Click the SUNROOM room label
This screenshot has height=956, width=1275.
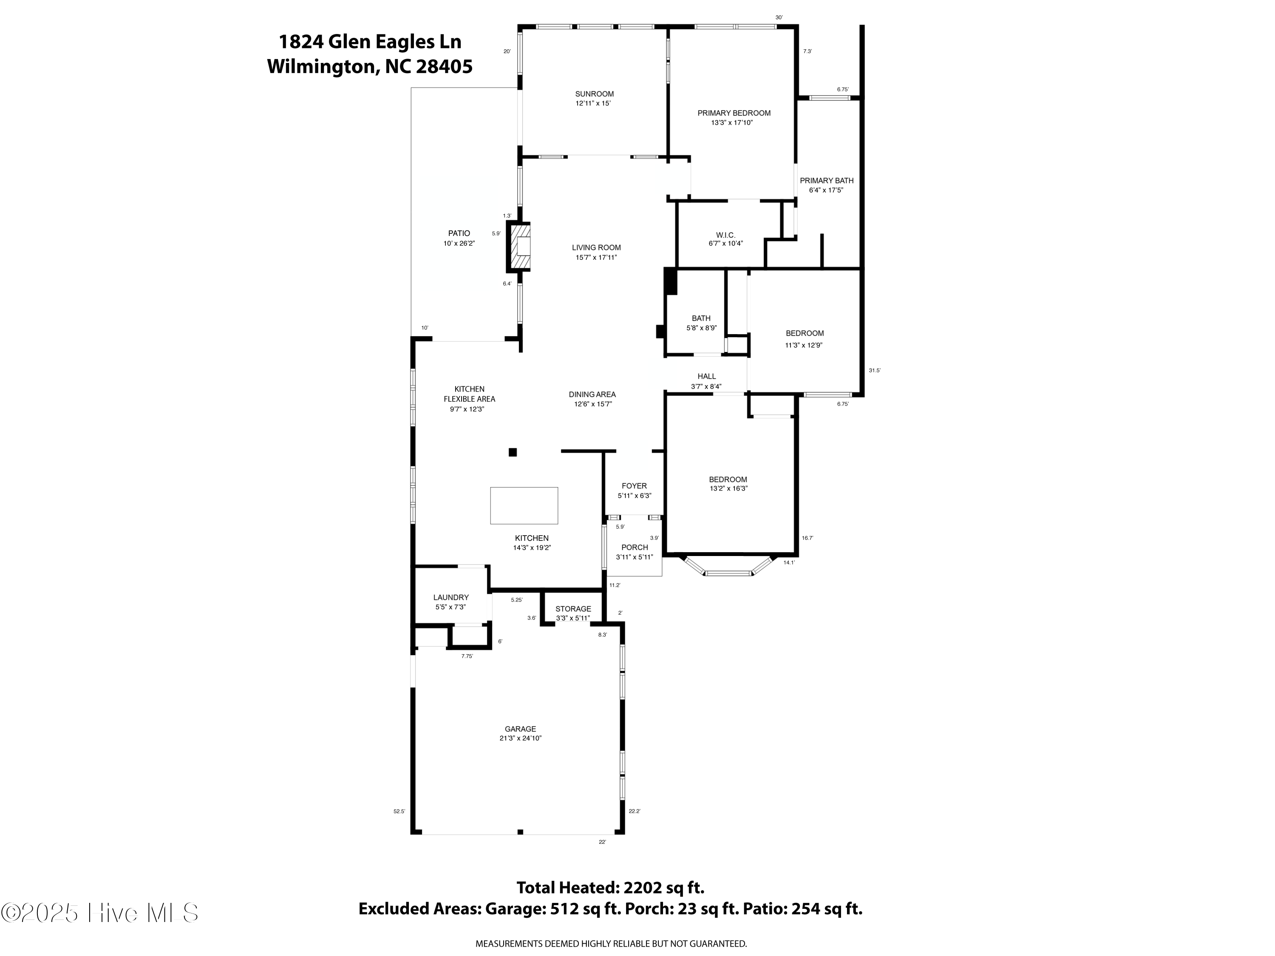click(594, 94)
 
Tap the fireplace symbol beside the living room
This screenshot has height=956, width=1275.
click(519, 247)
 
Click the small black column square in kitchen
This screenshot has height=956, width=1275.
click(513, 452)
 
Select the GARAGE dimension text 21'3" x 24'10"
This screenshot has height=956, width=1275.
click(521, 738)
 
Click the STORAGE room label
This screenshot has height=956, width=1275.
click(573, 609)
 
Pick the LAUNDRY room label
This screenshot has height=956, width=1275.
click(451, 597)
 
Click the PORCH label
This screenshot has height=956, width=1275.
click(635, 547)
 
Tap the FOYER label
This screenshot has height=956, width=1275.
click(634, 486)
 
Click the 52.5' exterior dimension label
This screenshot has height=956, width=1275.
click(399, 811)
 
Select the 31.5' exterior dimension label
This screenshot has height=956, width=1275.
click(874, 371)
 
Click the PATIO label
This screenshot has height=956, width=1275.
click(459, 233)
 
